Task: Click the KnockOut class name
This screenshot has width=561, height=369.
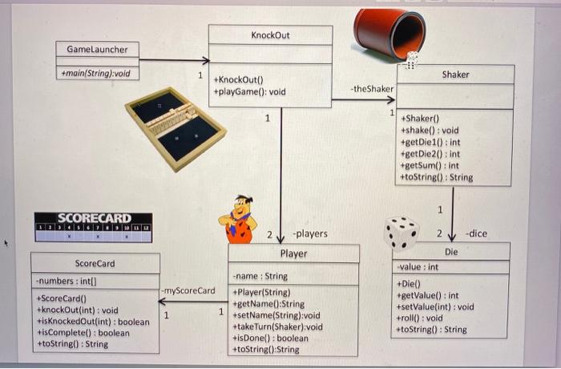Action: coord(270,35)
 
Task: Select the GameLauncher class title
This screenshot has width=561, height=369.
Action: coord(97,50)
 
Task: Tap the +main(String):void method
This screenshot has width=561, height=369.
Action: coord(96,74)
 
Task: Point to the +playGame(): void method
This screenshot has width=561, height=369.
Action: coord(249,92)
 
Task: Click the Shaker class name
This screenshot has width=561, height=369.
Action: coord(455,75)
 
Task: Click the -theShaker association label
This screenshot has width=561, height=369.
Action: coord(373,88)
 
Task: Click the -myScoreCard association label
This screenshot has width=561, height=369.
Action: coord(188,290)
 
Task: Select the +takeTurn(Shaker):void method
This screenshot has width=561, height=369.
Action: coord(276,326)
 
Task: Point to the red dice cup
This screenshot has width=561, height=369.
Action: coord(390,33)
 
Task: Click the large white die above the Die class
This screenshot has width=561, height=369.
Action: coord(401,233)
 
